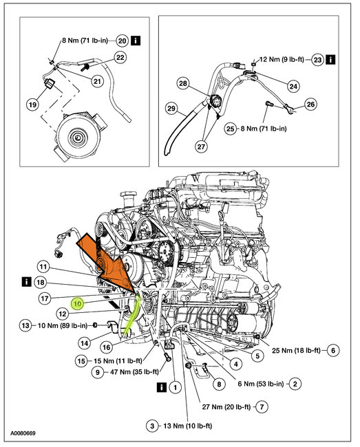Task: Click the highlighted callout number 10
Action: (x=78, y=303)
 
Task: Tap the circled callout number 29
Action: (x=171, y=109)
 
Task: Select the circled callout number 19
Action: (x=32, y=105)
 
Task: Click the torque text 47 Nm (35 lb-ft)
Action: (x=134, y=372)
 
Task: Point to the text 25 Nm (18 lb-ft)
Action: (x=296, y=350)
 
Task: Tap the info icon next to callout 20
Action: (x=136, y=41)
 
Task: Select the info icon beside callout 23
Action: (x=330, y=60)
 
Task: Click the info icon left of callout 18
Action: (x=27, y=282)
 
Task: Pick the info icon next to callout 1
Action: (x=162, y=387)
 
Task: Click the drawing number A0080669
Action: (x=23, y=433)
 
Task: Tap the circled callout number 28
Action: (x=183, y=83)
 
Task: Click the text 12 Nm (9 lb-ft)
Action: (x=282, y=60)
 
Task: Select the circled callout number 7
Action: (x=262, y=406)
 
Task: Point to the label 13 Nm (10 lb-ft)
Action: (x=188, y=426)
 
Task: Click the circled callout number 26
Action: (x=310, y=104)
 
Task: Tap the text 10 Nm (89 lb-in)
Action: (x=63, y=325)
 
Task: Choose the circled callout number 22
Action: (x=120, y=58)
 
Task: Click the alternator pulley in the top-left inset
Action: (x=77, y=138)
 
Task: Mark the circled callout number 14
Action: (x=85, y=343)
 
